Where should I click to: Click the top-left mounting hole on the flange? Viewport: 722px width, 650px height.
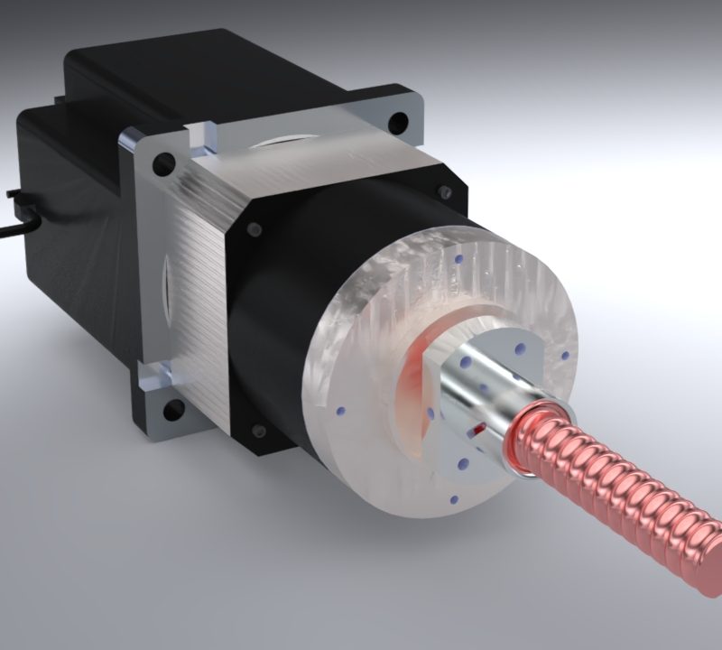pos(163,164)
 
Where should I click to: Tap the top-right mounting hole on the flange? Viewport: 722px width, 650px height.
pos(394,120)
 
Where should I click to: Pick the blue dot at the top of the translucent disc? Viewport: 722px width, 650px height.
pos(459,260)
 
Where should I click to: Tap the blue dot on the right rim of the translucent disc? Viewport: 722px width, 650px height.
pos(566,355)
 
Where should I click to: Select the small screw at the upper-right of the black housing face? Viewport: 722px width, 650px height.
pos(443,190)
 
